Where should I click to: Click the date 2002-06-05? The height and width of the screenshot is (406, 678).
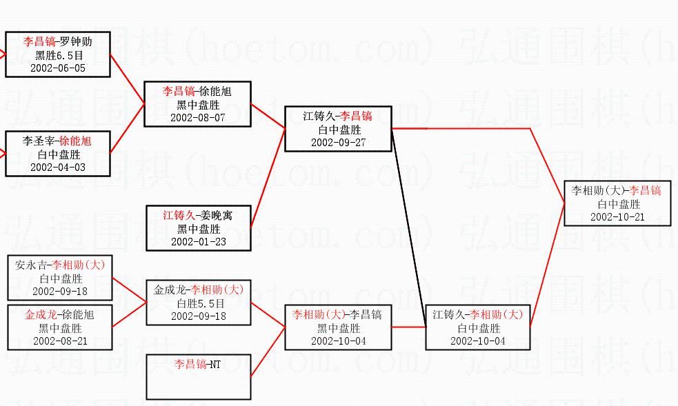(58, 68)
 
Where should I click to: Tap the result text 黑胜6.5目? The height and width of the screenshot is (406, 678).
(58, 55)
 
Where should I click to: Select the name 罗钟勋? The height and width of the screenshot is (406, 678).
(75, 41)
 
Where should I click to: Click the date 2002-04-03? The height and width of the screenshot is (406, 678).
(58, 167)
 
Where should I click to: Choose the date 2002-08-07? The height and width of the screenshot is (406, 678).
(198, 117)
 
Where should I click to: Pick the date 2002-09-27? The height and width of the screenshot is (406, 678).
(338, 143)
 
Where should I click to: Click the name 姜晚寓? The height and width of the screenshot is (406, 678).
(216, 215)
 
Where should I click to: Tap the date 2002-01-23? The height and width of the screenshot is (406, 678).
(199, 242)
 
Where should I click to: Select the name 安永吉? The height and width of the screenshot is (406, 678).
(32, 264)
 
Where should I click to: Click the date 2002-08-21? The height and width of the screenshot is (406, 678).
(60, 341)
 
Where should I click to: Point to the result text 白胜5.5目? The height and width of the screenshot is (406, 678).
(199, 303)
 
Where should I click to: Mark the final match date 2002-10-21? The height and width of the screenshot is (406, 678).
(617, 216)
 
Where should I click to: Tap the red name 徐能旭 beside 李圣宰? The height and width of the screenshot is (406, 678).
(75, 141)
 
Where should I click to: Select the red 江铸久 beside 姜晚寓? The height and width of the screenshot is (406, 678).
(178, 215)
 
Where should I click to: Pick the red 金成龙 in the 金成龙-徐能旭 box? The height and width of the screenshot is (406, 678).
(40, 314)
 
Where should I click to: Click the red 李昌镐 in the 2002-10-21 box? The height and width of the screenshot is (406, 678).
(646, 190)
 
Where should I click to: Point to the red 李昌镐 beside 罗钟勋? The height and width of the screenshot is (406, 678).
(39, 41)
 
